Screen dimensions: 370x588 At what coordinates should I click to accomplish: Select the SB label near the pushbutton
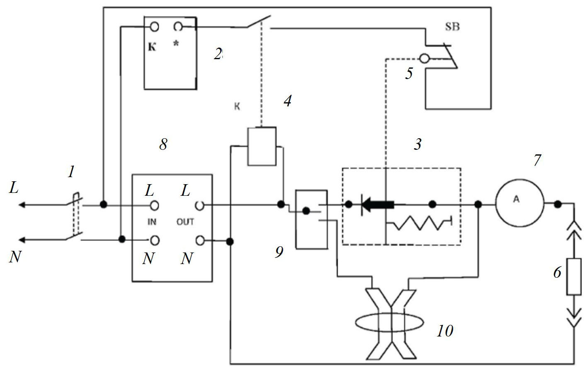pyautogui.click(x=452, y=27)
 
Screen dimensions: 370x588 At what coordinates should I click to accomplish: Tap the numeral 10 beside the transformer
pyautogui.click(x=445, y=331)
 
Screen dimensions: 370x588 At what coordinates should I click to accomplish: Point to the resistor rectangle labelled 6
pyautogui.click(x=574, y=276)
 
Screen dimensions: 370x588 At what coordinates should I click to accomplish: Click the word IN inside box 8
pyautogui.click(x=152, y=222)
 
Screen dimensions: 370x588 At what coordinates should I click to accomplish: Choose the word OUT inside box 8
pyautogui.click(x=185, y=222)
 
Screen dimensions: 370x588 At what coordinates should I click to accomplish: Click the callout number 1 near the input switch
pyautogui.click(x=71, y=172)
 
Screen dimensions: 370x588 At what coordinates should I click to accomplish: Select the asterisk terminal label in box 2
pyautogui.click(x=176, y=44)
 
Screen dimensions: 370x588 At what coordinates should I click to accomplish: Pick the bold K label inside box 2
pyautogui.click(x=152, y=47)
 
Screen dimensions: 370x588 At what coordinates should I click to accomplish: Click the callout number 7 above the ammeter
pyautogui.click(x=537, y=160)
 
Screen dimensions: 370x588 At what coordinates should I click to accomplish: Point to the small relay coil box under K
pyautogui.click(x=262, y=146)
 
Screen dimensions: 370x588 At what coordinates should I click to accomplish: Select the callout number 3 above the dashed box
pyautogui.click(x=418, y=144)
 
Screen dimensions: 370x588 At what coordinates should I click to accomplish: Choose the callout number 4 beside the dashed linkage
pyautogui.click(x=287, y=101)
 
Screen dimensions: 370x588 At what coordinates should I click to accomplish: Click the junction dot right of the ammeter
pyautogui.click(x=558, y=204)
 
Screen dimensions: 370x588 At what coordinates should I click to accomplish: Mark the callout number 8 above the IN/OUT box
pyautogui.click(x=163, y=144)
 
